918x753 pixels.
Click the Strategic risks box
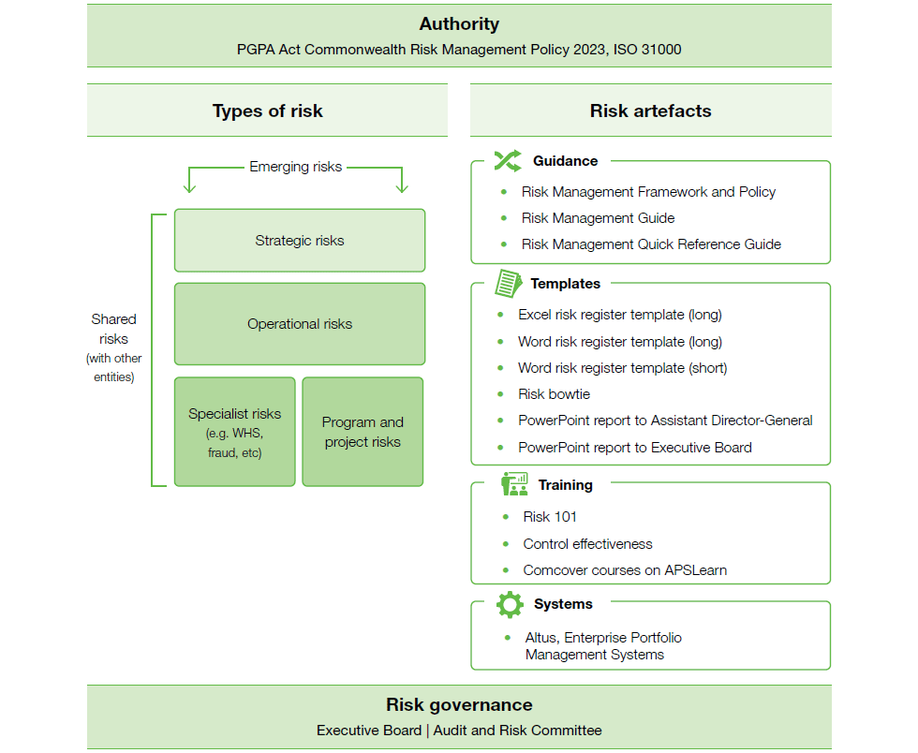point(300,241)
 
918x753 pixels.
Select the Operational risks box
point(300,324)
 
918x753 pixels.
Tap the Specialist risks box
point(235,432)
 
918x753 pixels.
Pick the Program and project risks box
point(363,432)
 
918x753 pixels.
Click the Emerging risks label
point(296,167)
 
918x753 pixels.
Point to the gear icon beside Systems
point(510,604)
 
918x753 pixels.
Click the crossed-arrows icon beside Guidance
point(508,161)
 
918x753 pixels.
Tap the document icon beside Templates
point(508,284)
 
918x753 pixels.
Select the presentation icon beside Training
point(514,484)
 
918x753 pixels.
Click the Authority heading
point(460,24)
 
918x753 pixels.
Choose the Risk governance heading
point(460,704)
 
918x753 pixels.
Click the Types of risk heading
point(268,111)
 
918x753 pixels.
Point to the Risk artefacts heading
point(650,111)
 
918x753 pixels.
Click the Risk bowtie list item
point(554,394)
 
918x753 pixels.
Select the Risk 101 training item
point(550,516)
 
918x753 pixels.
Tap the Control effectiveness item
point(588,544)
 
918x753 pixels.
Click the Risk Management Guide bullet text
point(598,218)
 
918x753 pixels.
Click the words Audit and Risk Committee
point(517,731)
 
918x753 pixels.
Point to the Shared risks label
point(113,329)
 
